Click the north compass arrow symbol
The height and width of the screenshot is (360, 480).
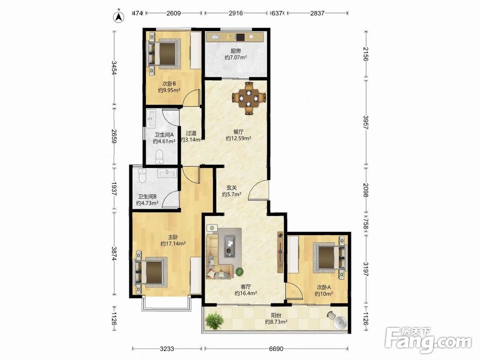click(118, 17)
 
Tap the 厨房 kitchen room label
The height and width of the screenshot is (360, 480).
click(235, 51)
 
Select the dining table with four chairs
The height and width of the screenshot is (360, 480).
click(249, 98)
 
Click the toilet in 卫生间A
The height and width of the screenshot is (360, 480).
click(159, 156)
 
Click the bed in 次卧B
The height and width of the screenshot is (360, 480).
click(163, 53)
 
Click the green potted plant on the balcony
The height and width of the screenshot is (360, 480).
click(215, 320)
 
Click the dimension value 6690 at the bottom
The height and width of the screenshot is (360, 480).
click(276, 348)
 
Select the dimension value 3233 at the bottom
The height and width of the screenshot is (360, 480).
click(167, 348)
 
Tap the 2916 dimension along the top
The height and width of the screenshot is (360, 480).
click(236, 13)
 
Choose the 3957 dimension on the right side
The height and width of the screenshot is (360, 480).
click(365, 122)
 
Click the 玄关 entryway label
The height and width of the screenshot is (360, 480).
click(231, 188)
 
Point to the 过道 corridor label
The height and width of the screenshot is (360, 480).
click(191, 133)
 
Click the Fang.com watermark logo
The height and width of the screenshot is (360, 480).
click(428, 340)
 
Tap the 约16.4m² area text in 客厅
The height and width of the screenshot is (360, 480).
click(245, 293)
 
